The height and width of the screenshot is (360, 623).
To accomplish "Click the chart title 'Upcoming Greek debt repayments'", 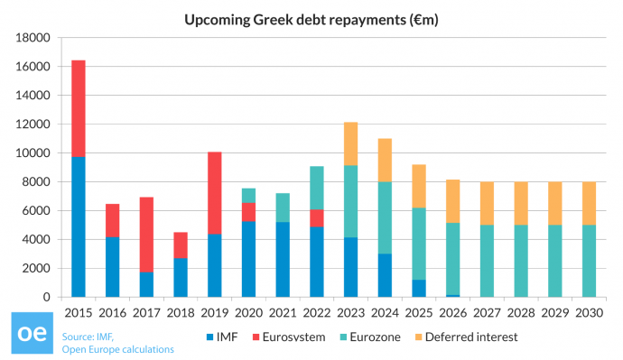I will pyautogui.click(x=311, y=18).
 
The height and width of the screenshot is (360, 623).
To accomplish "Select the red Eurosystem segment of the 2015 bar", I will pyautogui.click(x=79, y=108).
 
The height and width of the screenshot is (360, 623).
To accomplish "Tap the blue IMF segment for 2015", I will pyautogui.click(x=79, y=226).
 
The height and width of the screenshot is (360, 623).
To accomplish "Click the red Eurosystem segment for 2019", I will pyautogui.click(x=214, y=193).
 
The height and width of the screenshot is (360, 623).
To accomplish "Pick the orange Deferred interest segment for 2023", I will pyautogui.click(x=349, y=143).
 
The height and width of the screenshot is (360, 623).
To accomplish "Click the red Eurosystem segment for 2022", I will pyautogui.click(x=316, y=217).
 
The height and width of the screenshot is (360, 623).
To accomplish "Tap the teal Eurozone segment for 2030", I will pyautogui.click(x=587, y=261).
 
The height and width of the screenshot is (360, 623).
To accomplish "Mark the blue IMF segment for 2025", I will pyautogui.click(x=417, y=288).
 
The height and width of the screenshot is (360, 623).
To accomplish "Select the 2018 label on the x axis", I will pyautogui.click(x=180, y=311).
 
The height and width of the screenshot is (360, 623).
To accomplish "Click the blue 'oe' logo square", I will pyautogui.click(x=30, y=335).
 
